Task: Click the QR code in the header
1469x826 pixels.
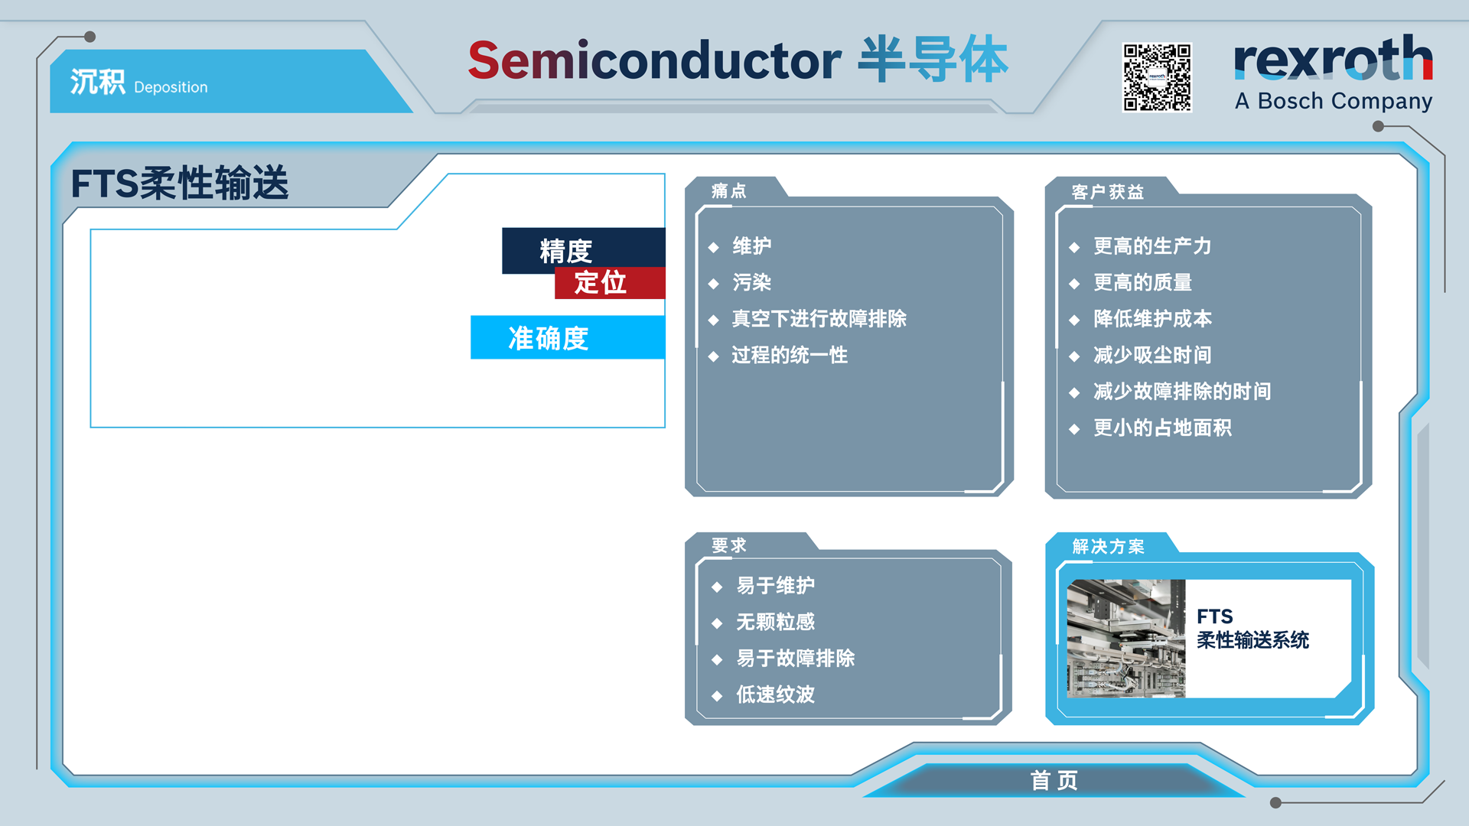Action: (1157, 77)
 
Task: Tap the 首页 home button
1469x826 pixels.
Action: (1054, 780)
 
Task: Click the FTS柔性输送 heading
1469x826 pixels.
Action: (180, 184)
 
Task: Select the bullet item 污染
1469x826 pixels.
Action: (751, 282)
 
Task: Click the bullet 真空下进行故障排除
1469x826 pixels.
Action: (819, 318)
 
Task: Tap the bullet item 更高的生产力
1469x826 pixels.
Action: (1151, 246)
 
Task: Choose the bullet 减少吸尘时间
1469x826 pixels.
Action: (1151, 355)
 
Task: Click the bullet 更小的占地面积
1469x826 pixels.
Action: (1162, 428)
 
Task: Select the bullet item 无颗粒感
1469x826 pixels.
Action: (775, 622)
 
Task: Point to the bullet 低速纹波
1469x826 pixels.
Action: (775, 694)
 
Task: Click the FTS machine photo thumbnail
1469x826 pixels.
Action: (1126, 639)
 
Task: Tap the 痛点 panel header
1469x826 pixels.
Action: (728, 190)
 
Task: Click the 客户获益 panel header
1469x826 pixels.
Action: (1107, 192)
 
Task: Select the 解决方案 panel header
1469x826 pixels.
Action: (1108, 546)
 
